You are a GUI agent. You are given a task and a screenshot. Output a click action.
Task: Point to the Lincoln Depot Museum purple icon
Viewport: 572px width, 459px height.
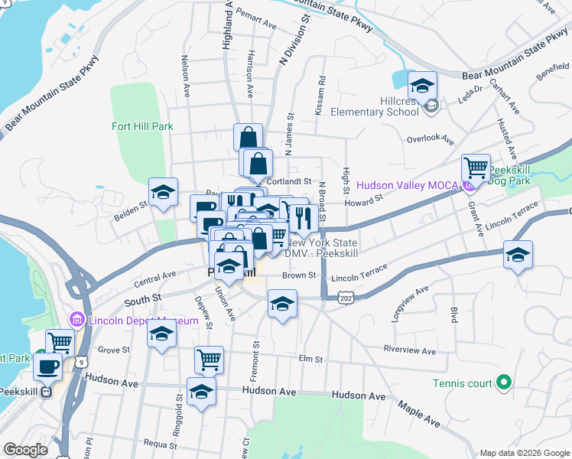[x=76, y=319]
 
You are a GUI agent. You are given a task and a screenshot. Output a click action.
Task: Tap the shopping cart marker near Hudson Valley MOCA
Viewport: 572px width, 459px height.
[x=476, y=167]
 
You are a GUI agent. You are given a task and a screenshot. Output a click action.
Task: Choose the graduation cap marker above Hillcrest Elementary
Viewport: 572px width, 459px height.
[x=421, y=85]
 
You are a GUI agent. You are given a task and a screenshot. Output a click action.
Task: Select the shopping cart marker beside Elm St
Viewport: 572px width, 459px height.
[x=209, y=359]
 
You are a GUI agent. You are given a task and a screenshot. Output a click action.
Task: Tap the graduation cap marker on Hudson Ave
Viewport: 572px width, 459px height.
[x=201, y=391]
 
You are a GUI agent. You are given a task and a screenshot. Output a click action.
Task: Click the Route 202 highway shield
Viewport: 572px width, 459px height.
[x=346, y=298]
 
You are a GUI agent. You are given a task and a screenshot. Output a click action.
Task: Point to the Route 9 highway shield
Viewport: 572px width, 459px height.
[x=82, y=360]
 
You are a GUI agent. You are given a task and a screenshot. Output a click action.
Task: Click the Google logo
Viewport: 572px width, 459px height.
[x=26, y=450]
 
